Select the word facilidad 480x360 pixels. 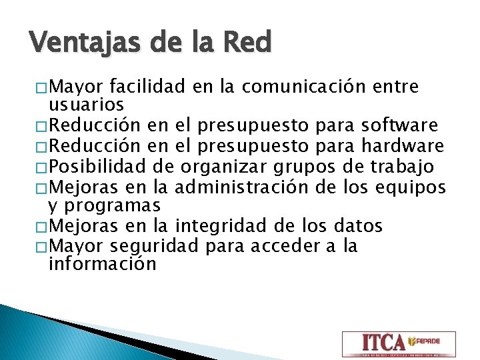pyautogui.click(x=147, y=87)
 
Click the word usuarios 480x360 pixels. pyautogui.click(x=87, y=105)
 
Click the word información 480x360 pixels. pyautogui.click(x=103, y=264)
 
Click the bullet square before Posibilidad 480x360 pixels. pyautogui.click(x=43, y=167)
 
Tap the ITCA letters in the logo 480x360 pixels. pyautogui.click(x=383, y=343)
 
